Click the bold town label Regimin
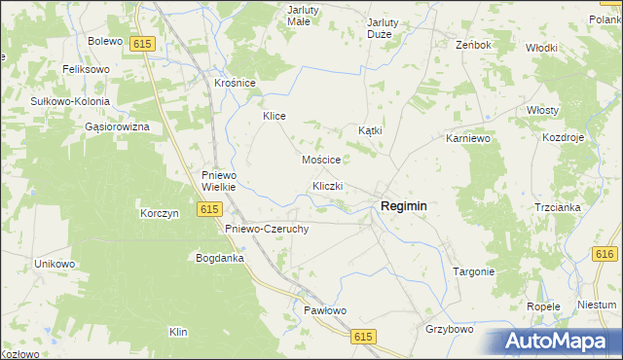404,205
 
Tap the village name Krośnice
235,84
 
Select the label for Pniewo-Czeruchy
267,229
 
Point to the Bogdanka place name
220,258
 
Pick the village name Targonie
475,271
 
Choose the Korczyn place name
160,213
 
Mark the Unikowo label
55,264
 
